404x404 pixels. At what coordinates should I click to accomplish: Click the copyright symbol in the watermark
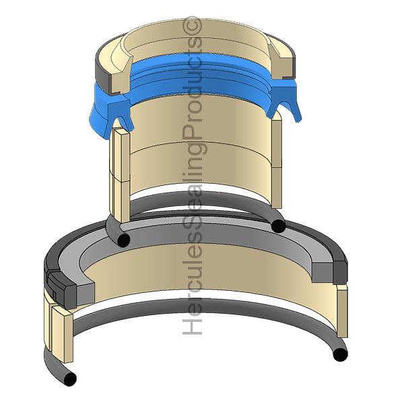pyautogui.click(x=191, y=26)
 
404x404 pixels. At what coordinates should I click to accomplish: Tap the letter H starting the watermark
pyautogui.click(x=192, y=327)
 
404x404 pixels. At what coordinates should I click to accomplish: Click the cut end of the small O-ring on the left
pyautogui.click(x=123, y=240)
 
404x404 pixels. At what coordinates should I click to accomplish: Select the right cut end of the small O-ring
pyautogui.click(x=278, y=226)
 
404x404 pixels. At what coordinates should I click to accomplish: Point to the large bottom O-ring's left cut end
pyautogui.click(x=70, y=378)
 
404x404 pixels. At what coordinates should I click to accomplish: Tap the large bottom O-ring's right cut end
pyautogui.click(x=340, y=355)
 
